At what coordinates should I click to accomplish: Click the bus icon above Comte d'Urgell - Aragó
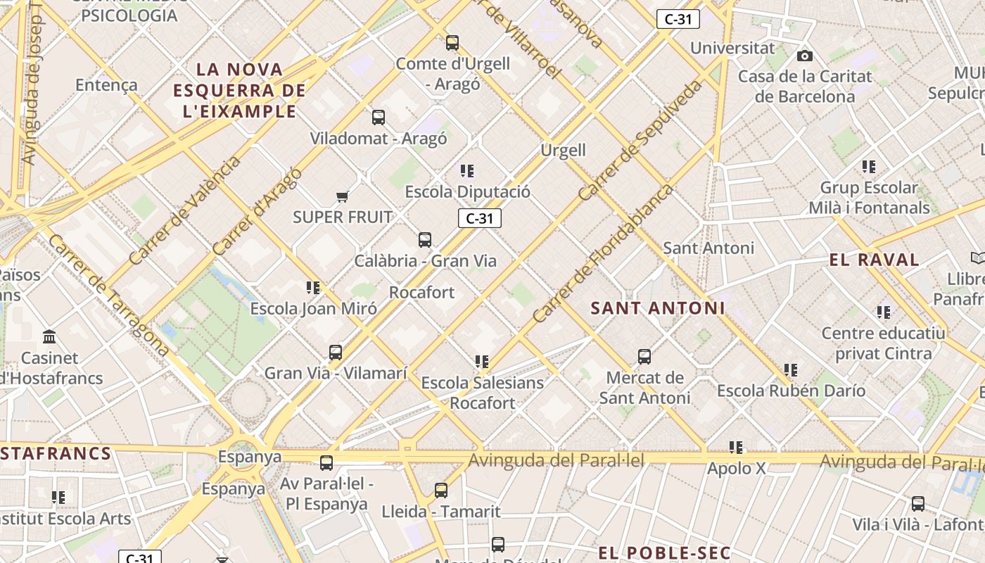452,43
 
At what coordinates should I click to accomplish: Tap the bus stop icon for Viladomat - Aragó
379,118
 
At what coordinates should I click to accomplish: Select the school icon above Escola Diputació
467,171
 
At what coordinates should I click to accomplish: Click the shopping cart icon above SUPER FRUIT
343,197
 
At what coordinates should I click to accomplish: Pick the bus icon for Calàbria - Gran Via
425,240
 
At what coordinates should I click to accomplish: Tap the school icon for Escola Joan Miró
313,288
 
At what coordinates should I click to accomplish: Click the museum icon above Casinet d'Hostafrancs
49,337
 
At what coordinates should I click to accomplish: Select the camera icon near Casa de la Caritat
805,56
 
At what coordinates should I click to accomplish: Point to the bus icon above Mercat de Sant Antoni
644,357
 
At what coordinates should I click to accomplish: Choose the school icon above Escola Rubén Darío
791,370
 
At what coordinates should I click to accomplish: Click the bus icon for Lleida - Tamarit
441,491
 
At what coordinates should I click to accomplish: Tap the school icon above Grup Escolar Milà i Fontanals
869,167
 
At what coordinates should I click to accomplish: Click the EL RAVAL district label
874,260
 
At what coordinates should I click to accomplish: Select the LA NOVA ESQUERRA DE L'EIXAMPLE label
239,90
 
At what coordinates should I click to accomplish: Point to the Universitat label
732,49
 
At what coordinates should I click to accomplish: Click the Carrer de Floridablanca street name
602,253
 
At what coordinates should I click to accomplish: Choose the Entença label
106,85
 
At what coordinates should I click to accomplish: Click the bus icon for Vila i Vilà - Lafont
918,504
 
